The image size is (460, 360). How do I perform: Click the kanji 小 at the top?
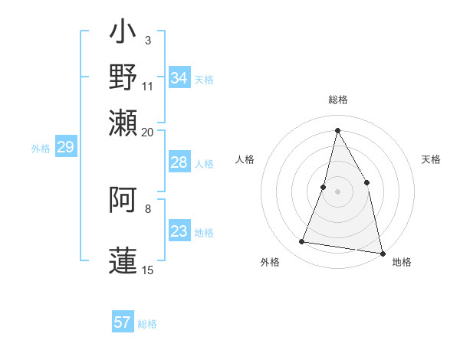[123, 35]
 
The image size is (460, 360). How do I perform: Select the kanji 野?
[123, 77]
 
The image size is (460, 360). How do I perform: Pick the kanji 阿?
[123, 201]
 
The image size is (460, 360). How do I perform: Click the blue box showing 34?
[179, 78]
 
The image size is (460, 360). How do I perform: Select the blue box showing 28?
[179, 162]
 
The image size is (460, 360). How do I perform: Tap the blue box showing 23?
[179, 231]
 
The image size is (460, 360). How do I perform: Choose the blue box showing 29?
[65, 147]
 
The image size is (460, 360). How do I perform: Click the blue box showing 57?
[123, 322]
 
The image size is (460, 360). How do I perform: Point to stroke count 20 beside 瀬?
[148, 132]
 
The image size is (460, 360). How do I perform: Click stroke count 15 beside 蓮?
[148, 270]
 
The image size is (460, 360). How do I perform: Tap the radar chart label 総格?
[338, 100]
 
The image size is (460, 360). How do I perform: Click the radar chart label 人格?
[245, 159]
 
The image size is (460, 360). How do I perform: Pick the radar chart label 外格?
[270, 262]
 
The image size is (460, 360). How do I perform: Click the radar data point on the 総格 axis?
[337, 130]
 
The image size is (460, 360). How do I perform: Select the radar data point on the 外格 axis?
[302, 242]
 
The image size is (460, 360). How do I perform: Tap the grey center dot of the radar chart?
[337, 191]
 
